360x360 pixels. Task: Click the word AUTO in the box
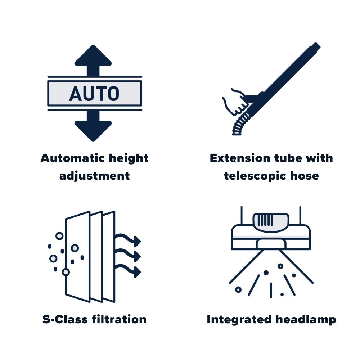click(94, 94)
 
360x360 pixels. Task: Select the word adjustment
click(94, 176)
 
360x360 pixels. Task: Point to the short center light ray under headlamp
click(271, 290)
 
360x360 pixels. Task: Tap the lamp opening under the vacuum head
click(271, 244)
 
